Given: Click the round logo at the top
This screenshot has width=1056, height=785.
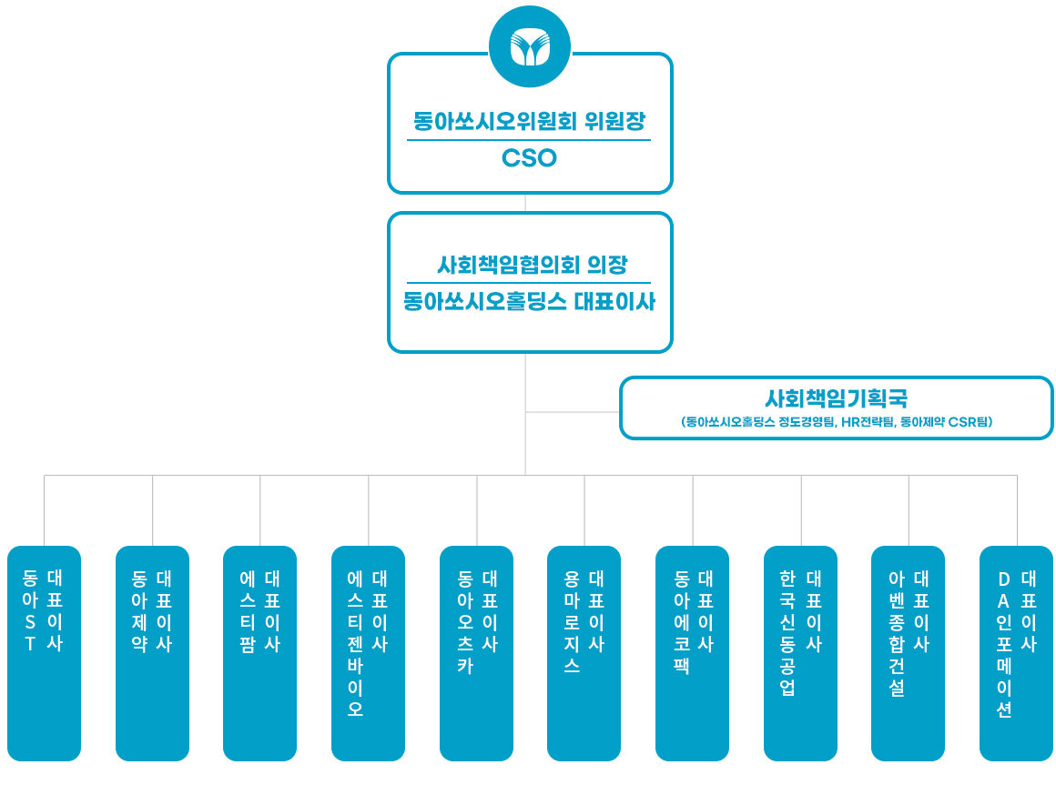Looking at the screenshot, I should (x=529, y=46).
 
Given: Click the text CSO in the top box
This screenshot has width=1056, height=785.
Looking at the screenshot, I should (x=529, y=158).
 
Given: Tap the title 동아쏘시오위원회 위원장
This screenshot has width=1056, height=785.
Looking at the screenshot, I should (x=529, y=121).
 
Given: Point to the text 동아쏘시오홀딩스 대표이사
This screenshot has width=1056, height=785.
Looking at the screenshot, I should (x=529, y=302).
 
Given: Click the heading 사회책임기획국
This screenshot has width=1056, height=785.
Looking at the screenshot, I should (x=836, y=398).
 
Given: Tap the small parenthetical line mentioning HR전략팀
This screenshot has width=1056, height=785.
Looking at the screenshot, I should (x=836, y=422).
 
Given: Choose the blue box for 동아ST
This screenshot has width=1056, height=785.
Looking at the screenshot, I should (x=44, y=652).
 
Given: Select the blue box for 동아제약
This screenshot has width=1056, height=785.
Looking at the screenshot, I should (x=152, y=652).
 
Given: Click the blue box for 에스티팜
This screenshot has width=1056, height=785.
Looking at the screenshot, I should (x=259, y=652).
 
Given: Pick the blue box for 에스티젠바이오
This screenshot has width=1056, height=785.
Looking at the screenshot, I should (x=368, y=652).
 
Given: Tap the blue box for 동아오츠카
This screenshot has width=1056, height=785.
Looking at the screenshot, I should (x=476, y=652).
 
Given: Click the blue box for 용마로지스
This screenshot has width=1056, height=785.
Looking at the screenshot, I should (x=584, y=652).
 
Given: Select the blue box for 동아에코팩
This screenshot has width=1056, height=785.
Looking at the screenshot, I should (x=692, y=652).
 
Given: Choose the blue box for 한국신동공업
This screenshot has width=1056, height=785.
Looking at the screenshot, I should (x=800, y=652).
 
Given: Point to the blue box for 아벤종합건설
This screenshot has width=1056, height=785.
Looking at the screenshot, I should (x=908, y=652).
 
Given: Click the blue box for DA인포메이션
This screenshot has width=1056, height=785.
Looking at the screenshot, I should (x=1016, y=652).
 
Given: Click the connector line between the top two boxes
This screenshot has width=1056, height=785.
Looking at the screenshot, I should (x=525, y=203).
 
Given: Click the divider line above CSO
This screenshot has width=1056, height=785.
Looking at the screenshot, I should (x=529, y=140).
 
